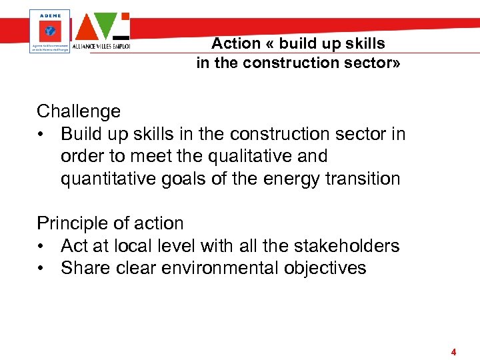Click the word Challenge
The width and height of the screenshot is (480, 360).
pyautogui.click(x=79, y=111)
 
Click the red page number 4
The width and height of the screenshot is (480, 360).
pyautogui.click(x=453, y=352)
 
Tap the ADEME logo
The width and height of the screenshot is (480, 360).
pyautogui.click(x=50, y=30)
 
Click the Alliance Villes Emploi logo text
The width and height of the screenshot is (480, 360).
pyautogui.click(x=102, y=47)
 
